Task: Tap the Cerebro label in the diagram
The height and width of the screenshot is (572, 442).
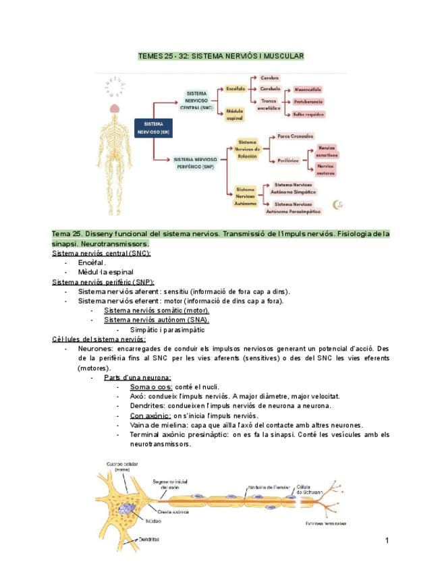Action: tap(270, 78)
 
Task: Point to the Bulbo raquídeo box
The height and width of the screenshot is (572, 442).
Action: tap(308, 114)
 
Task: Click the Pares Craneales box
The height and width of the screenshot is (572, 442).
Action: tap(296, 136)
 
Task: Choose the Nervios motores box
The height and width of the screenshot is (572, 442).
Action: tap(326, 168)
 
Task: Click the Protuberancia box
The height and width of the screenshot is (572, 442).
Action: tap(308, 102)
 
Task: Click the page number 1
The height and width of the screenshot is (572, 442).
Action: tap(387, 540)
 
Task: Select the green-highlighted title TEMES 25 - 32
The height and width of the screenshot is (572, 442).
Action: tap(221, 55)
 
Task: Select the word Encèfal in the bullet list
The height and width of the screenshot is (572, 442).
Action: tap(92, 262)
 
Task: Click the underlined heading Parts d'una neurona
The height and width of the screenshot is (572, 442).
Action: tap(137, 377)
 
